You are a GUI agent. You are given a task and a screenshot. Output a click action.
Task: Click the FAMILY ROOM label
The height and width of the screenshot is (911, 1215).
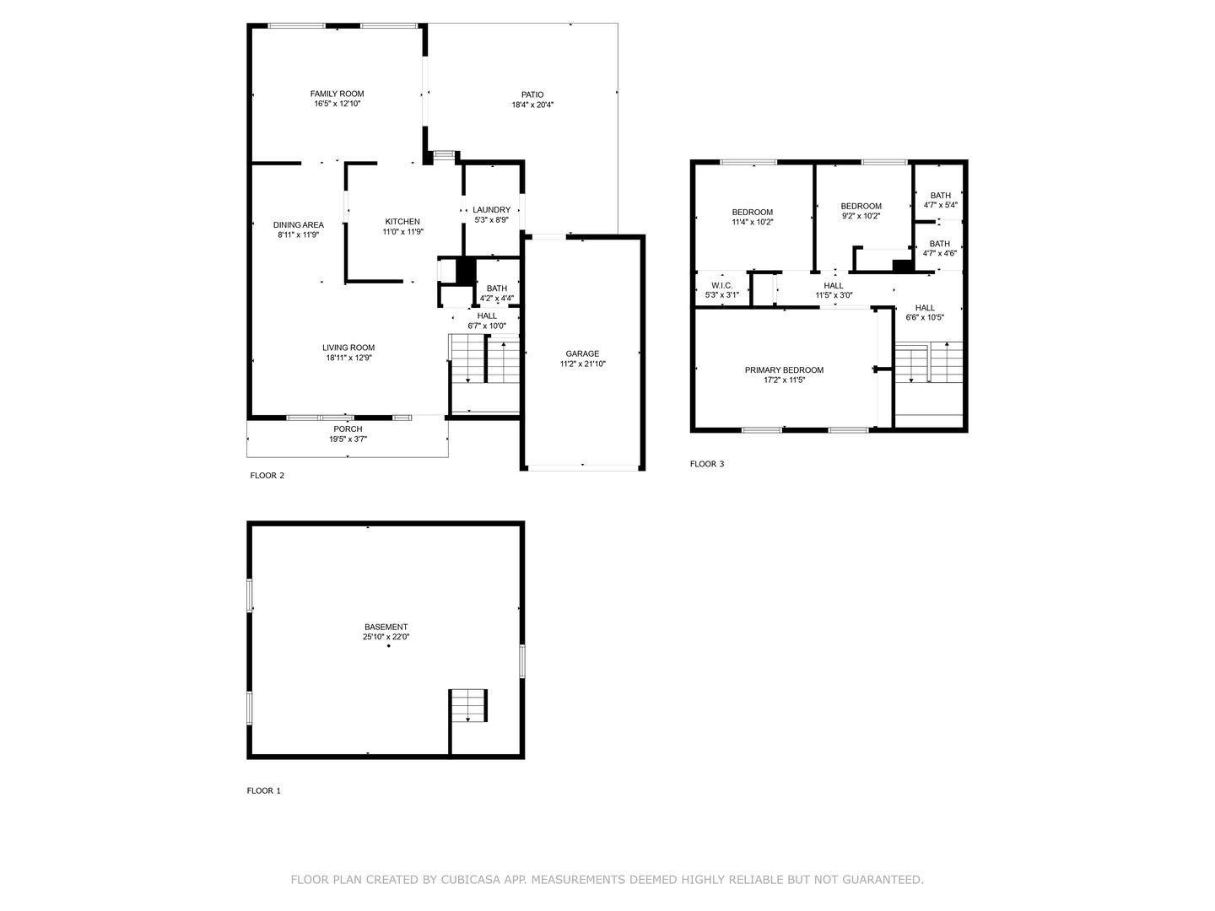[x=337, y=94]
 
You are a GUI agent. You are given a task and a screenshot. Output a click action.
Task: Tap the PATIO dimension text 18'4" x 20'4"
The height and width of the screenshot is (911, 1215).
[x=532, y=105]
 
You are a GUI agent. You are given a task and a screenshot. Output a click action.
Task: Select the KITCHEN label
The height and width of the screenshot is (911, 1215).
[x=402, y=222]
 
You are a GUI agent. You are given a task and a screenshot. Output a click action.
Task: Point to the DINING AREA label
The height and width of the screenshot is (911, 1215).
[x=299, y=225]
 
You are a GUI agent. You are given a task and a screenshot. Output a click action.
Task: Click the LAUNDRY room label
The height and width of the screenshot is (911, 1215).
[x=491, y=210]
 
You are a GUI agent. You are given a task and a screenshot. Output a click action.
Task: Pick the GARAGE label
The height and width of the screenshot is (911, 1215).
[x=582, y=353]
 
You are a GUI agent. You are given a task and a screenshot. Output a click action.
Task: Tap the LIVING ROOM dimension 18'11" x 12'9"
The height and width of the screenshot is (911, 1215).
[x=348, y=358]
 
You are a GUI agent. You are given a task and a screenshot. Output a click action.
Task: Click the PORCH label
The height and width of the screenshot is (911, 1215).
[x=348, y=429]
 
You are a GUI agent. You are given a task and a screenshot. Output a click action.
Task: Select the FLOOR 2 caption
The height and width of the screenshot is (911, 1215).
[x=267, y=476]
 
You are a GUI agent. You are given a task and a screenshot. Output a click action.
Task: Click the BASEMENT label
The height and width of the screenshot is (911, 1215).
[x=386, y=627]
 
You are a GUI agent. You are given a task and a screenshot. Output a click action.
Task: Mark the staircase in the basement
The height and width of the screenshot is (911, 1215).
[x=469, y=705]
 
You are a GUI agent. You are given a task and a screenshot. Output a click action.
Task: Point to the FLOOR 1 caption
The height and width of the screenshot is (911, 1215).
[x=263, y=791]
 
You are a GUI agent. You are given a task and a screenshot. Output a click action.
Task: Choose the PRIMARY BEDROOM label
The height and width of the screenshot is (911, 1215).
[x=784, y=370]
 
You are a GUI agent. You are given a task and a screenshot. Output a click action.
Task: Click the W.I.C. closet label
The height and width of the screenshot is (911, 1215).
[x=721, y=285]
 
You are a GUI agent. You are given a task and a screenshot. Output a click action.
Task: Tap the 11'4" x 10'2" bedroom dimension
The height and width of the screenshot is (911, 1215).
[x=752, y=222]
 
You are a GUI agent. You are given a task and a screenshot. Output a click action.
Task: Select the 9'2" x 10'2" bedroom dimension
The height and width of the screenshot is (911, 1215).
[x=861, y=216]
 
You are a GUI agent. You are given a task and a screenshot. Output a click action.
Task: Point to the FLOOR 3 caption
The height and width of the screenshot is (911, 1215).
[x=707, y=464]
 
